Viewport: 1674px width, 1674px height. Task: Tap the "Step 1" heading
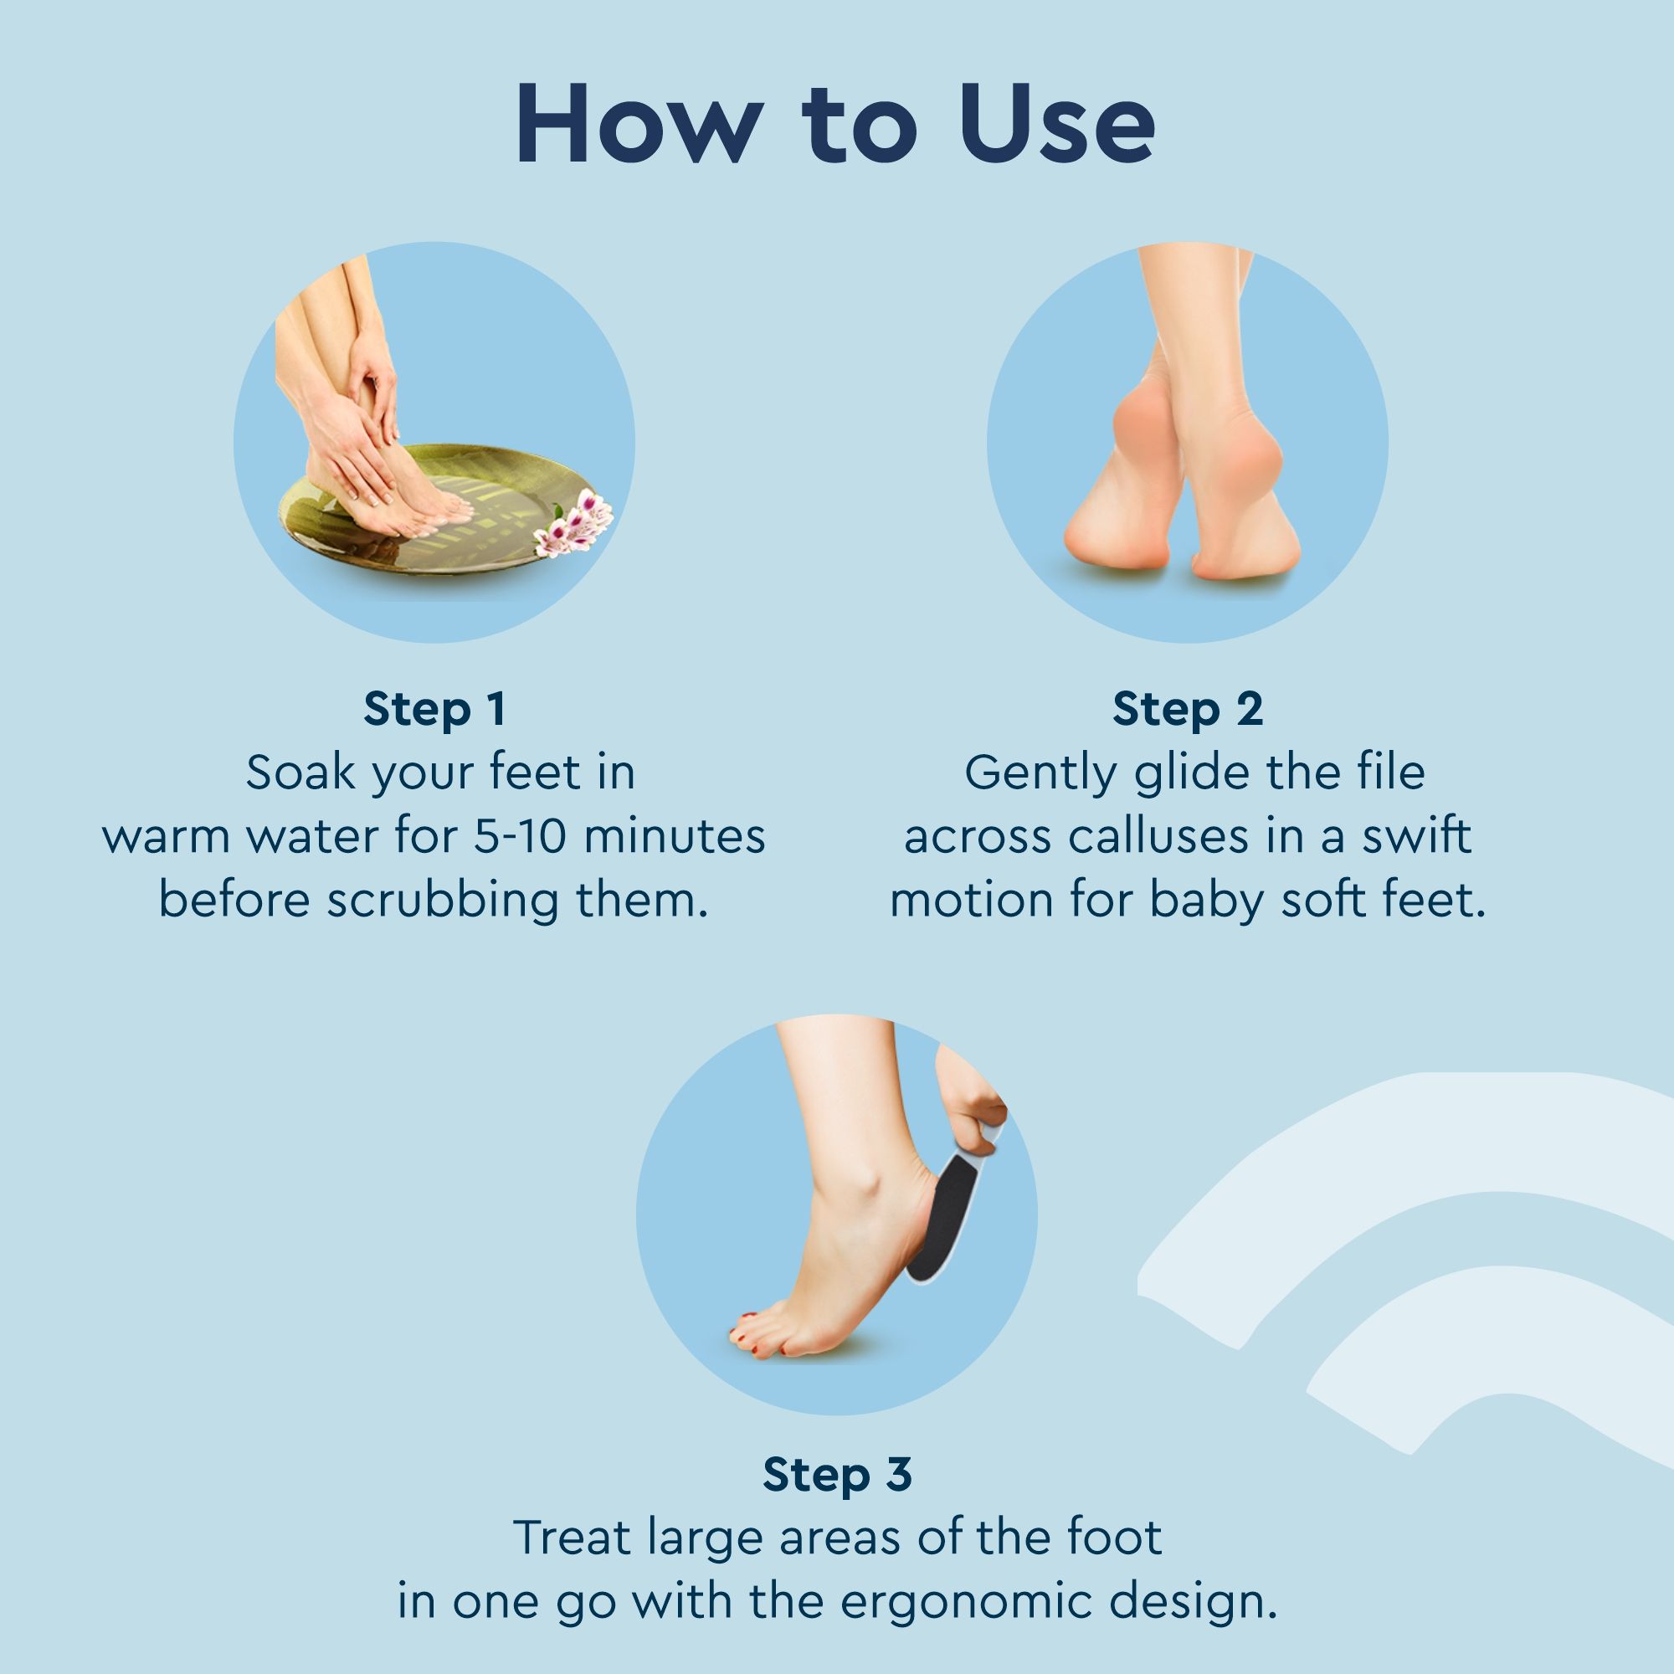coord(435,709)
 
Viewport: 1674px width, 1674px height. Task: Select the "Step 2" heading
coord(1188,709)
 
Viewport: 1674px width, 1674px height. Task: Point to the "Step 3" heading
coord(837,1474)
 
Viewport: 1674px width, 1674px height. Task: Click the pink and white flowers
coord(573,522)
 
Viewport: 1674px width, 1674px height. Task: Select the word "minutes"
coord(674,837)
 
